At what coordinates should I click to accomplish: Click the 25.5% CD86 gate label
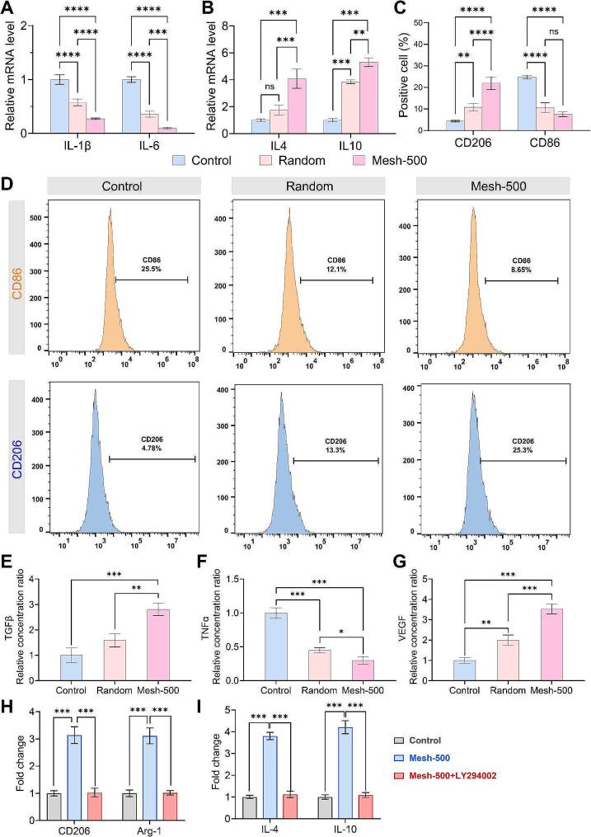click(152, 267)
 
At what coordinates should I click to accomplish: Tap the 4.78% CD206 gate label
click(152, 445)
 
